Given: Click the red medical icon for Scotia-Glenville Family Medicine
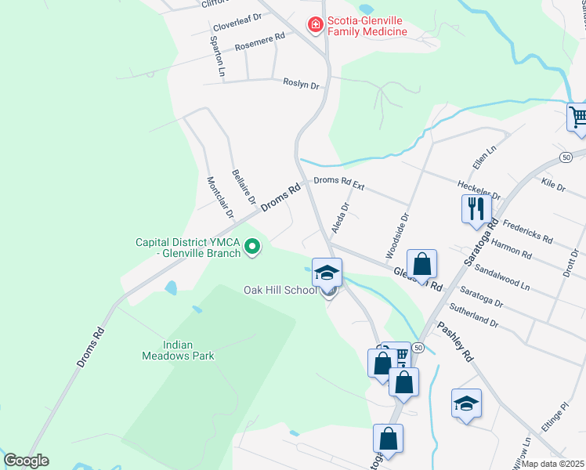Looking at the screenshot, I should click(316, 26).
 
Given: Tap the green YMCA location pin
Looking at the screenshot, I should click(252, 248).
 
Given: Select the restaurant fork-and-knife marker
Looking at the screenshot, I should click(476, 208).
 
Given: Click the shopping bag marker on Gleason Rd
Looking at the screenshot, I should click(421, 264).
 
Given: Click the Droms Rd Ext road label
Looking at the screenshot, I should click(339, 182).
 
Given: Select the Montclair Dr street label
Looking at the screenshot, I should click(220, 197).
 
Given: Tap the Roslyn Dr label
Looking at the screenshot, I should click(302, 85).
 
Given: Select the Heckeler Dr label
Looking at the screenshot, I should click(478, 189).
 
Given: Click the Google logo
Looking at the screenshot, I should click(26, 461).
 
